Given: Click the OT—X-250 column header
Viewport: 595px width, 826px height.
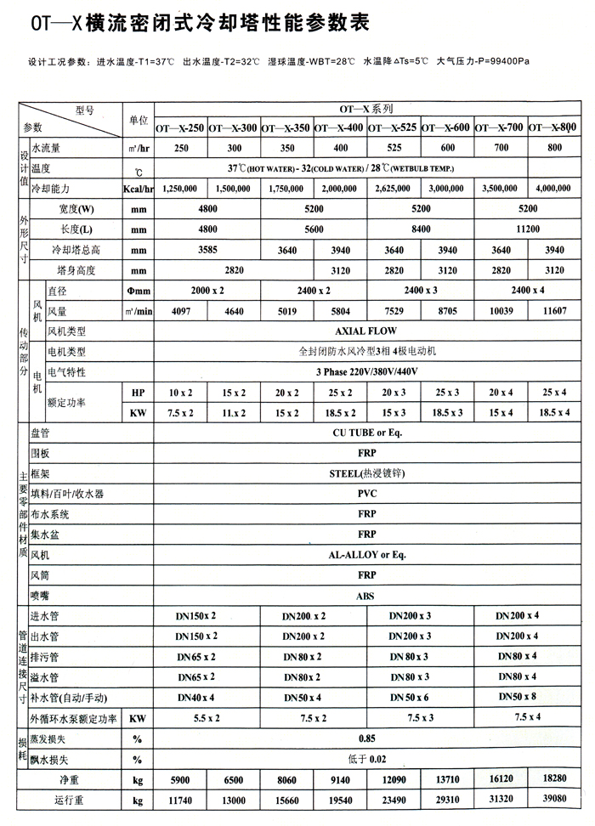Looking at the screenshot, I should tap(180, 127).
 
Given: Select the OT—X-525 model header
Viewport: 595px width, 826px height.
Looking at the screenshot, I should tap(393, 127).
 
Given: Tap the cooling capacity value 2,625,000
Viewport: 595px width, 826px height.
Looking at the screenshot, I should tap(393, 188).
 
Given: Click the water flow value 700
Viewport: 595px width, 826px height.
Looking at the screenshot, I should tap(501, 148).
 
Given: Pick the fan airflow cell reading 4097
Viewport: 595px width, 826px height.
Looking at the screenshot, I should tap(181, 312).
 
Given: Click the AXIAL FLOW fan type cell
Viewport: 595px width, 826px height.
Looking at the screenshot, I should tap(366, 331).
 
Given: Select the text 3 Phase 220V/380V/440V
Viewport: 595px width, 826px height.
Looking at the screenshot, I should tap(366, 372).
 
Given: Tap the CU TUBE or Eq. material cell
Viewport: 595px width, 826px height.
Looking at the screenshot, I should tap(366, 433).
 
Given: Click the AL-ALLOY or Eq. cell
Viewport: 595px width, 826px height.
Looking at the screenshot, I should tap(366, 555).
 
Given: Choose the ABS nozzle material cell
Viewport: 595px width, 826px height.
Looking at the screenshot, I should tap(366, 596).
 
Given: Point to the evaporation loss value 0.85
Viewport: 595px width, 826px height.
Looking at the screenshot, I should tap(366, 738).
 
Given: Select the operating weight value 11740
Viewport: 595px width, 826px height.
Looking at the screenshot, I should tap(181, 800).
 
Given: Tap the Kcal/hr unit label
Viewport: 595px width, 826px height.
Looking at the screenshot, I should tap(137, 188).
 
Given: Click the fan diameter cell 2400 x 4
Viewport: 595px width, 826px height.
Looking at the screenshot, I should tap(527, 291).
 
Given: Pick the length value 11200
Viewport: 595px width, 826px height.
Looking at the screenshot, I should tap(527, 229).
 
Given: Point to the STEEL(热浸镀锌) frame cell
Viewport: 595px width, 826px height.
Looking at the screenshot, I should tap(366, 473).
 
